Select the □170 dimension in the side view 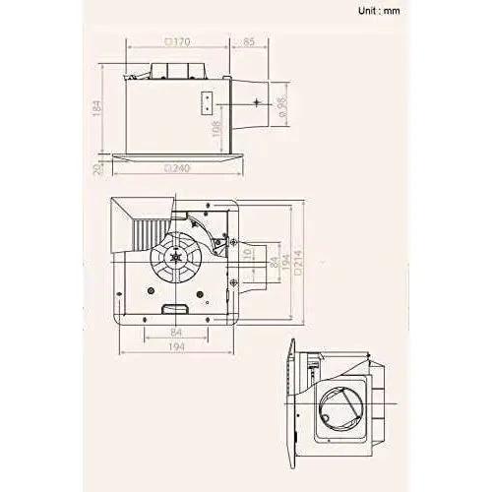[x=178, y=42]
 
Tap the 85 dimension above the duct [x=247, y=42]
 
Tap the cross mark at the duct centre [x=256, y=101]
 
